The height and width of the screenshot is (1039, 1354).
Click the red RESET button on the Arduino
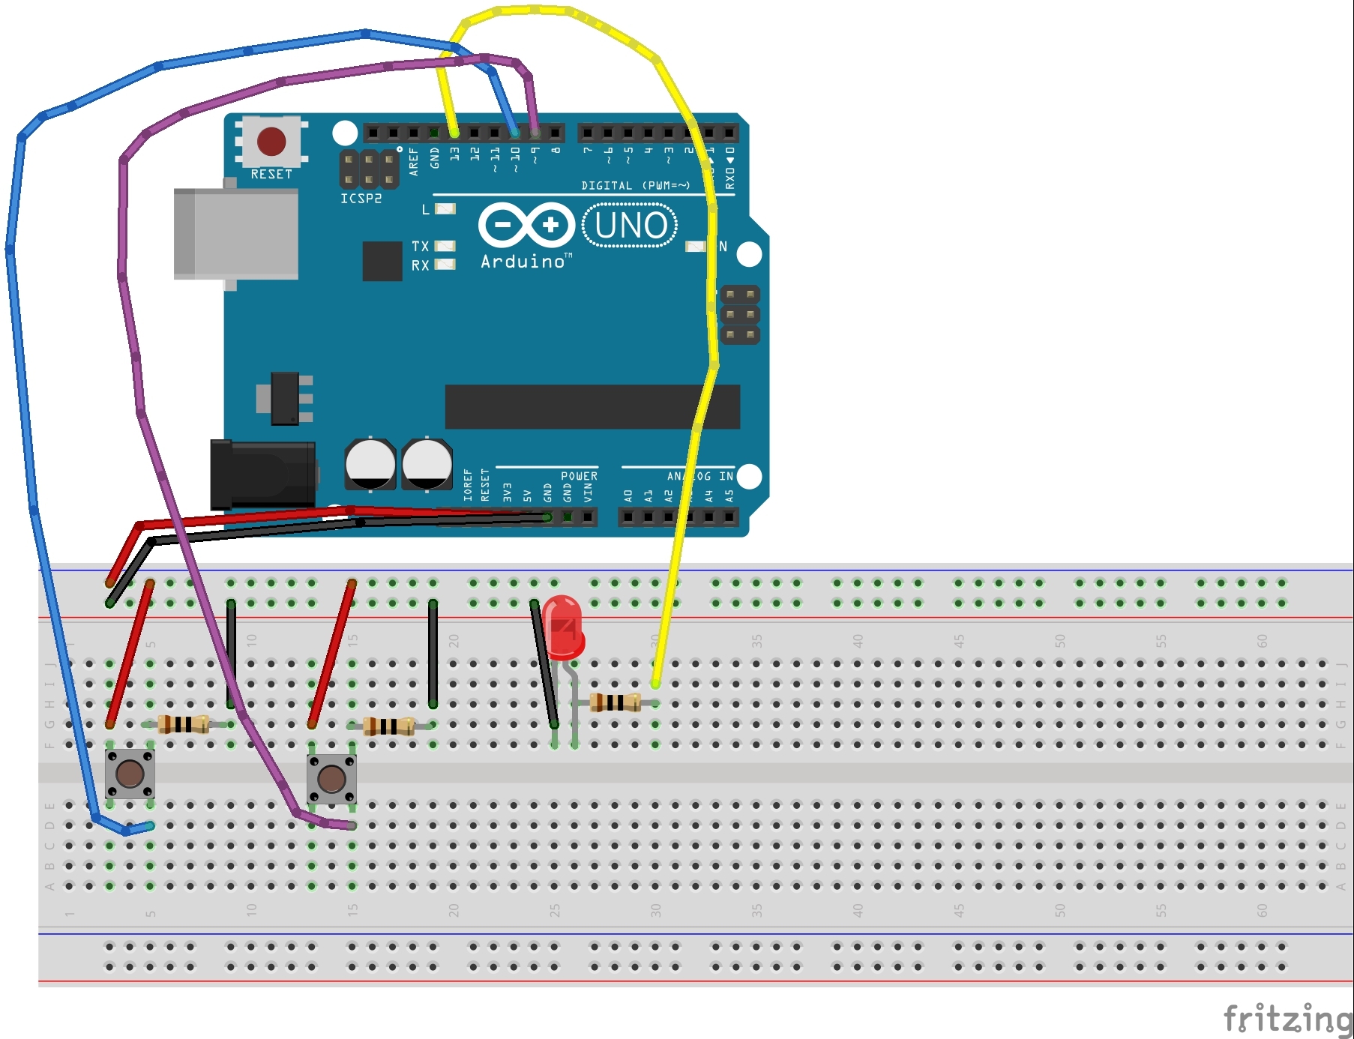coord(271,141)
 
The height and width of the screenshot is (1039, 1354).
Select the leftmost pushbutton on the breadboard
coord(130,774)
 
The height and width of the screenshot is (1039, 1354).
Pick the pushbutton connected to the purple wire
coord(331,779)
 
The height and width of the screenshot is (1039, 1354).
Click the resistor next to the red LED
coord(616,702)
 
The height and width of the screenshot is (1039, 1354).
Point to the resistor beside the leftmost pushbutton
coord(184,724)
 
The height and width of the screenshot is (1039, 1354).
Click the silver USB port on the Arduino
coord(235,234)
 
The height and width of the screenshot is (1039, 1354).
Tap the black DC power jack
coord(262,475)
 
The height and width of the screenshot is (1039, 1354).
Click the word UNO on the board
coord(630,226)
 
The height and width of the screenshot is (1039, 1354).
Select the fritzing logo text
coord(1287,1020)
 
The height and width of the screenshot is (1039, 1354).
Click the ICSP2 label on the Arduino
coord(361,199)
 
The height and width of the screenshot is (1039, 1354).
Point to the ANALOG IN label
coord(699,476)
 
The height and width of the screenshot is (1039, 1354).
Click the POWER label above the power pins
coord(579,476)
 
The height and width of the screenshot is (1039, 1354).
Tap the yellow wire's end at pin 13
coord(454,133)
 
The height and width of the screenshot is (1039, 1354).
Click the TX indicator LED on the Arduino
coord(445,246)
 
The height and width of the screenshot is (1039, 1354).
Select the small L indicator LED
coord(445,209)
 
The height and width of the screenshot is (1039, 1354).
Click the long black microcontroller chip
coord(592,407)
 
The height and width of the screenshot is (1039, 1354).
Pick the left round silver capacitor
coord(370,464)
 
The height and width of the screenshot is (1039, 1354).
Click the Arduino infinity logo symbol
coord(526,225)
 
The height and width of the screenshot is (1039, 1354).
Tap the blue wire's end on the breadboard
coord(150,826)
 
